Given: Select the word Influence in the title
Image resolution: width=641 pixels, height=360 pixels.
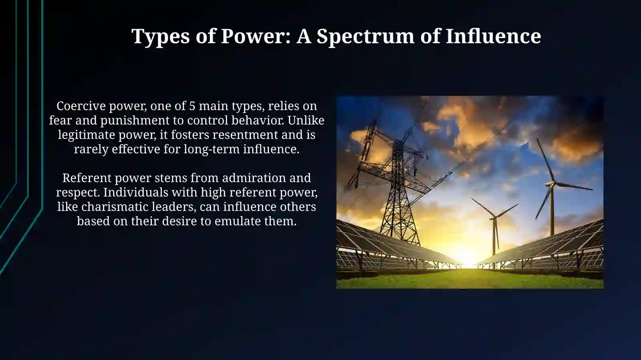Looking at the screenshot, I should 493,36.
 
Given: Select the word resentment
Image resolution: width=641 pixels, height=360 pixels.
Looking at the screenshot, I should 243,135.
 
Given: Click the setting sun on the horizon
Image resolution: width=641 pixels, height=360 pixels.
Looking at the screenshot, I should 467,256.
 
